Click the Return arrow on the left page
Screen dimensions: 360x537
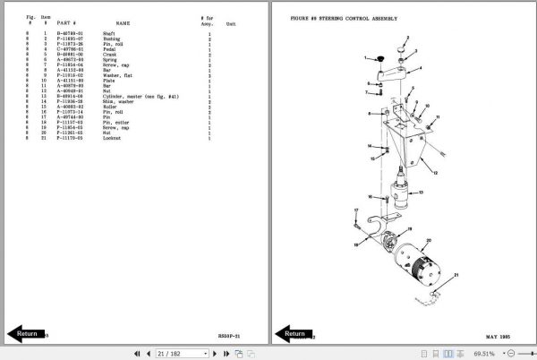pos(26,333)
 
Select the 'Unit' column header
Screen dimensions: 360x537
pos(231,24)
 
